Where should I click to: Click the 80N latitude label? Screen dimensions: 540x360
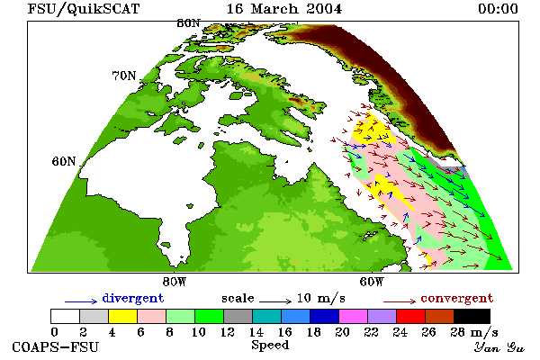coord(188,23)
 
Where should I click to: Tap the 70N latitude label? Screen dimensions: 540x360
coord(124,76)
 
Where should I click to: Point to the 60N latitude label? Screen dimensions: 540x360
coord(64,161)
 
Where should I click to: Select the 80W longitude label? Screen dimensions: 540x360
coord(175,282)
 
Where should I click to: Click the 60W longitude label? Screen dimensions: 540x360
coord(372,282)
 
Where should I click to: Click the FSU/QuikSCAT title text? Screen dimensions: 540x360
coord(84,9)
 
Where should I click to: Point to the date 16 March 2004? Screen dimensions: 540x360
coord(284,9)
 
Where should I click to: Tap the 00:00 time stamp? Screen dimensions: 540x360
coord(498,9)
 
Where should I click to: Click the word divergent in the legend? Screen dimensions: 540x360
coord(133,298)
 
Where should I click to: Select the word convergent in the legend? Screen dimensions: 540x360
coord(457,298)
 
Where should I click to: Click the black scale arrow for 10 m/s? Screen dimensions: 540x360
coord(275,301)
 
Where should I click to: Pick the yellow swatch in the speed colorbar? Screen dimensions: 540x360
coord(122,316)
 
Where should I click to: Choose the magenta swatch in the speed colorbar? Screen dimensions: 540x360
coord(353,316)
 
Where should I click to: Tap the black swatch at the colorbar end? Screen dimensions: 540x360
coord(472,316)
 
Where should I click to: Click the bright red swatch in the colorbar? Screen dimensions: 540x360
coord(410,316)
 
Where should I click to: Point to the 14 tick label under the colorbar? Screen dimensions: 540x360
coord(256,332)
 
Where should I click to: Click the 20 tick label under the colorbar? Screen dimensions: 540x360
coord(342,332)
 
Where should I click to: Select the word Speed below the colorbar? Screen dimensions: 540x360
coord(270,346)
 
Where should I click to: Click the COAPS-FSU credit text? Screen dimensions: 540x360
coord(56,346)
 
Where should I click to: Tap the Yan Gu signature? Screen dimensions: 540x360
coord(499,347)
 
